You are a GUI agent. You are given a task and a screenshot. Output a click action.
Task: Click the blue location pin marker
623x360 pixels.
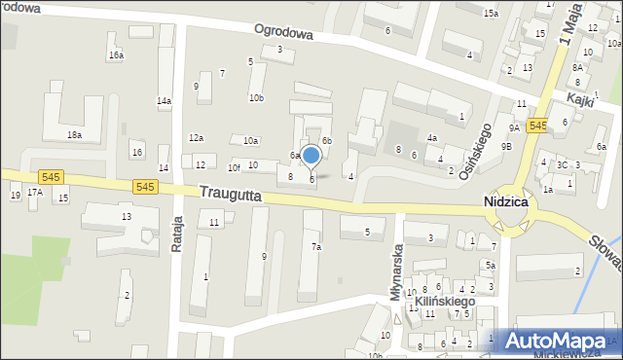click(311, 156)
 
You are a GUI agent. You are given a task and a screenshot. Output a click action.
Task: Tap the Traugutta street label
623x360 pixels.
click(231, 195)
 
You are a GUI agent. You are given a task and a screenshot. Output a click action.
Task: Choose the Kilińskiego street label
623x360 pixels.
click(445, 302)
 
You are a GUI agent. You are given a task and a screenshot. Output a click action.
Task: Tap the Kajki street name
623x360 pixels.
click(581, 101)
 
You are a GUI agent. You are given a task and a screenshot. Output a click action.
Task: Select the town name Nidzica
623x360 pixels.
click(506, 201)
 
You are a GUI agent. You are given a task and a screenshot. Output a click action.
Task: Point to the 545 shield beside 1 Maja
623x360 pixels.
click(537, 126)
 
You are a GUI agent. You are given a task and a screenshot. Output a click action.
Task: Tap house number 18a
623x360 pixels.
click(74, 135)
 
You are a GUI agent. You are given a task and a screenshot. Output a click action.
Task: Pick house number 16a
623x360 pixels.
click(116, 55)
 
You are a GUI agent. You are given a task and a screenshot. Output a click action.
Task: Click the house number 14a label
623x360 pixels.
click(164, 100)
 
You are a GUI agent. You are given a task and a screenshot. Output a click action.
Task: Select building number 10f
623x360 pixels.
click(234, 167)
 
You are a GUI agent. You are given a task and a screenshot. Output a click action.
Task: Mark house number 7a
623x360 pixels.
click(315, 247)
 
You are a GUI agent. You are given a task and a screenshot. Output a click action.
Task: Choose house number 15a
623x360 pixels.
click(491, 13)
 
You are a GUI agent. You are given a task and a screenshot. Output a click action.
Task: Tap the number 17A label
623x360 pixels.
click(35, 193)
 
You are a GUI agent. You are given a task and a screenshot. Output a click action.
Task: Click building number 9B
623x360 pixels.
click(506, 146)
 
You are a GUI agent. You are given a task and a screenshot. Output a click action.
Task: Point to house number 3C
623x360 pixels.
click(562, 164)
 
